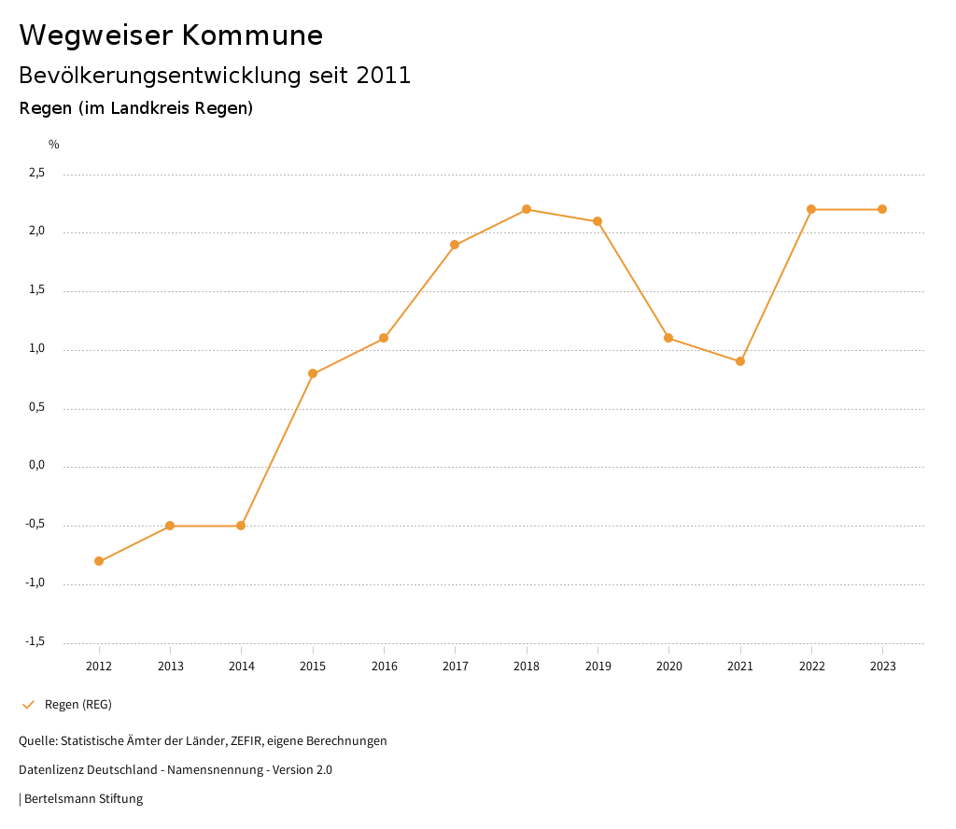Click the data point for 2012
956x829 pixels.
pyautogui.click(x=99, y=561)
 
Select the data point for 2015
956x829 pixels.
pyautogui.click(x=313, y=373)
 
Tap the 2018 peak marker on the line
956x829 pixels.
pyautogui.click(x=527, y=209)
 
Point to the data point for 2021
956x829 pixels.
pyautogui.click(x=740, y=361)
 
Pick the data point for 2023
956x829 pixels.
pyautogui.click(x=882, y=209)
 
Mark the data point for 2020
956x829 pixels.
pyautogui.click(x=668, y=338)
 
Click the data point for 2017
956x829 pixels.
pyautogui.click(x=455, y=245)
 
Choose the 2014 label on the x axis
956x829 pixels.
pyautogui.click(x=241, y=667)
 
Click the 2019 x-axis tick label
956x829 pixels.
pyautogui.click(x=597, y=667)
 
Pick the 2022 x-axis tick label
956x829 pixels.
pyautogui.click(x=811, y=667)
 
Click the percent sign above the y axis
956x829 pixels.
pyautogui.click(x=54, y=145)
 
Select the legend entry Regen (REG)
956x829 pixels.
pyautogui.click(x=77, y=705)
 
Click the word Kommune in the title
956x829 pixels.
pyautogui.click(x=252, y=35)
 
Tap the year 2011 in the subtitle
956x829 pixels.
pyautogui.click(x=384, y=76)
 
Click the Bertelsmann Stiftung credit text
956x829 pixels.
pyautogui.click(x=83, y=799)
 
